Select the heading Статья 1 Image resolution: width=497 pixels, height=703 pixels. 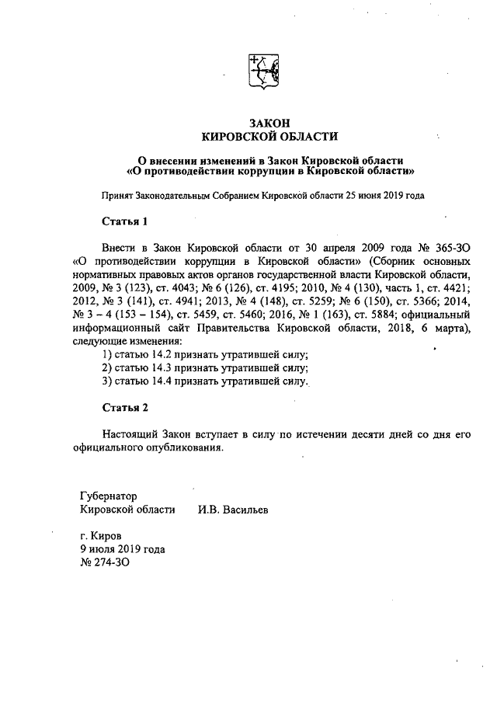[x=124, y=221]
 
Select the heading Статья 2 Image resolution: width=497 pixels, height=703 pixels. [x=124, y=407]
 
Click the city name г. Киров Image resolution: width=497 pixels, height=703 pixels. [x=100, y=535]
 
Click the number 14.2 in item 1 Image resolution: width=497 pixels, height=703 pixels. [x=166, y=354]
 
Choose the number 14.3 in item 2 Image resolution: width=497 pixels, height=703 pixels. [x=166, y=368]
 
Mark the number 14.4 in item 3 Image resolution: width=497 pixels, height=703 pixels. [x=166, y=381]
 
